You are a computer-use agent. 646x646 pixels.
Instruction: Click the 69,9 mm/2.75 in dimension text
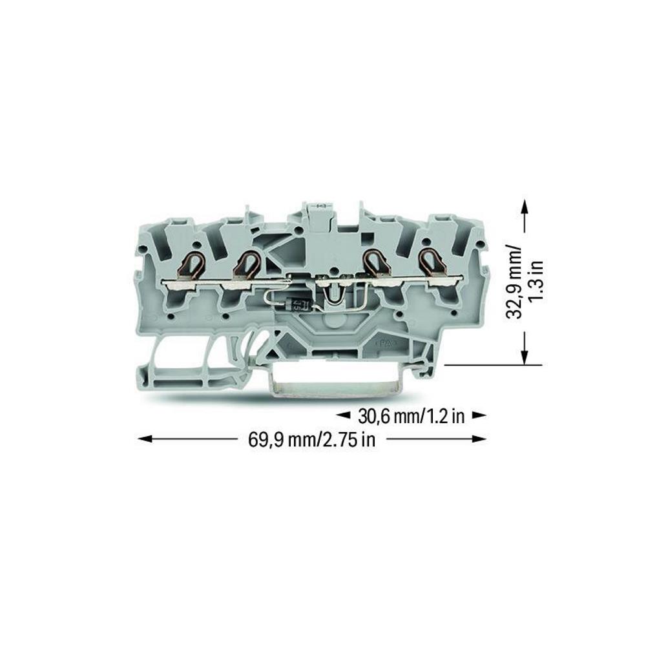312,439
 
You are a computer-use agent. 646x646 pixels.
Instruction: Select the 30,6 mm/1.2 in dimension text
411,417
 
